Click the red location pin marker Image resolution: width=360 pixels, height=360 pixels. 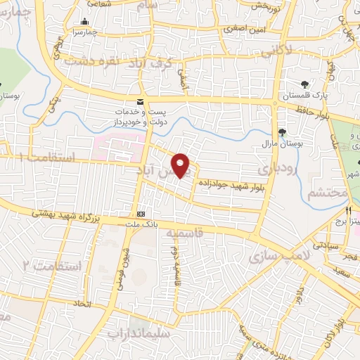181,165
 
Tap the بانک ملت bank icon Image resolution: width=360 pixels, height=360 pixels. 141,213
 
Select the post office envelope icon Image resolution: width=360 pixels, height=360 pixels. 141,101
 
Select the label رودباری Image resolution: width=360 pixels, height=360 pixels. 278,169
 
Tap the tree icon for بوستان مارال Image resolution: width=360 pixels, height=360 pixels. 282,131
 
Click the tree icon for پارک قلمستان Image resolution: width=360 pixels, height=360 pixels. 304,84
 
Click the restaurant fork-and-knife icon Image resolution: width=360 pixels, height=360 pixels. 348,210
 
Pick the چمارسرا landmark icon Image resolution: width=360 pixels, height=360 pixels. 85,22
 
